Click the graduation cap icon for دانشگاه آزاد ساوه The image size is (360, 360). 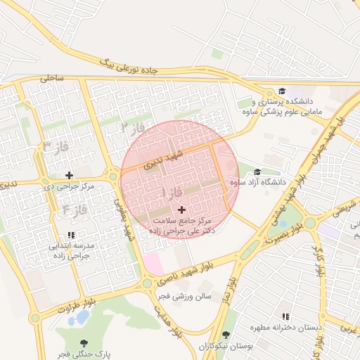coord(257,172)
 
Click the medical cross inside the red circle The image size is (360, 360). coord(182,210)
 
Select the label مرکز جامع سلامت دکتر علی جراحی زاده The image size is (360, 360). coord(182,225)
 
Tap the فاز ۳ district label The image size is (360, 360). coord(56,146)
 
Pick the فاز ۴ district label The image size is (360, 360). coord(74,209)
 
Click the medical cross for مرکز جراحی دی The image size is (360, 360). coord(69,175)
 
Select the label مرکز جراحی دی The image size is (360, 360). coord(68,186)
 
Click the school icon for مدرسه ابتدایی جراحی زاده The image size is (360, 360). coord(70,235)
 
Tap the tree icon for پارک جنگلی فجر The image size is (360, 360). coord(84,343)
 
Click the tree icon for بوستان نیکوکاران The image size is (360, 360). coord(226,335)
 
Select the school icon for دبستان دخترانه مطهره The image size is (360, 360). coord(285,317)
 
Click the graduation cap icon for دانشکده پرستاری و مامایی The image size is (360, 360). coord(281,91)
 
